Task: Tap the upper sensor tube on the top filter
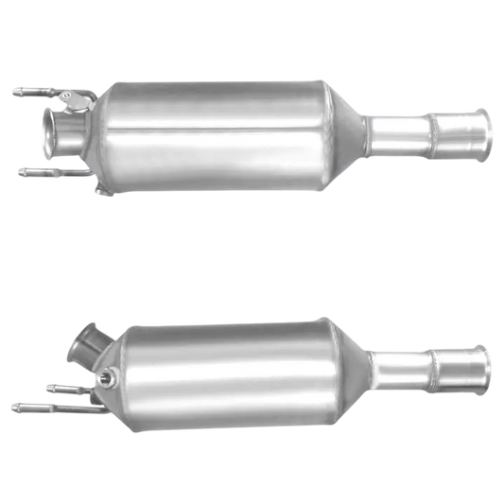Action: [x=33, y=93]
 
